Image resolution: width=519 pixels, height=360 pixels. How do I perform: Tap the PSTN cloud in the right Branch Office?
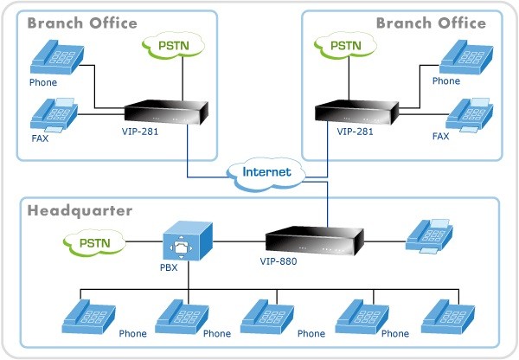(x=345, y=45)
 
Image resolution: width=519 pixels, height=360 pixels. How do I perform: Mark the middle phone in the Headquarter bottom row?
(x=268, y=318)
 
